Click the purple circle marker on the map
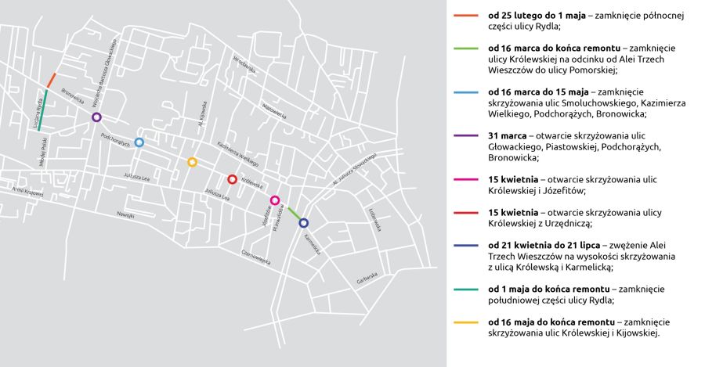click(96, 117)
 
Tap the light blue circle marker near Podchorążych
click(139, 142)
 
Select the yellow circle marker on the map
click(192, 162)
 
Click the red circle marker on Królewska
click(232, 179)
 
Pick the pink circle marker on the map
click(275, 200)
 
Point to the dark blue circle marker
click(304, 222)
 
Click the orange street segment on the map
click(51, 80)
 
